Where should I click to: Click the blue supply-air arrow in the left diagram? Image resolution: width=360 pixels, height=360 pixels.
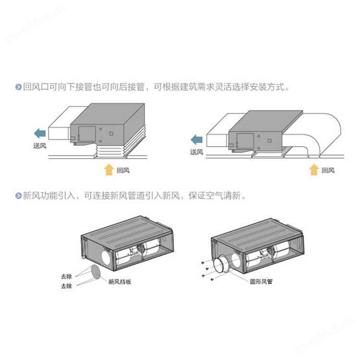40,133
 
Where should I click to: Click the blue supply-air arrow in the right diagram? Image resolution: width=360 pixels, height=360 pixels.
197,140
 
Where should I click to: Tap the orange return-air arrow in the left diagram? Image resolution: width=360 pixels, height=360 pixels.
109,169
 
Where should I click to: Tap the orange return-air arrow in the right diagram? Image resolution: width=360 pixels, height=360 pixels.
314,169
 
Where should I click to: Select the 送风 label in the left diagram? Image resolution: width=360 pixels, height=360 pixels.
40,146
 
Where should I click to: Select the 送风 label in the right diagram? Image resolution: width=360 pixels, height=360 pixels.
197,152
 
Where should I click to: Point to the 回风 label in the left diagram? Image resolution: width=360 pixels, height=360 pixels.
123,170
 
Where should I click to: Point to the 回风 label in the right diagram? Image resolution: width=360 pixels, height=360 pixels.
328,170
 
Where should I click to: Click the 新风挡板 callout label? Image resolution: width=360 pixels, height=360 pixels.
120,282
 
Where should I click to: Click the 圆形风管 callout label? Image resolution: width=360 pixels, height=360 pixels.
261,281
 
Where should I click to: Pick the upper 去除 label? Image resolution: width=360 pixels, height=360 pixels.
66,276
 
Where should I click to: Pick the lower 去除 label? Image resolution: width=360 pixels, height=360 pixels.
66,286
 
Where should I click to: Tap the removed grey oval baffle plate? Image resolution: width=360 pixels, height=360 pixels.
96,272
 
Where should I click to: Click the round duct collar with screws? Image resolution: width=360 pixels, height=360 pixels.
221,265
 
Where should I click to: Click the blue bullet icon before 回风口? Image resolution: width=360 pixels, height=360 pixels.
18,87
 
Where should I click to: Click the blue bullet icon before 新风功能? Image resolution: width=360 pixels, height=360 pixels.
18,196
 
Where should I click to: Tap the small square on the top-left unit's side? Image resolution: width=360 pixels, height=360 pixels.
111,133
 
